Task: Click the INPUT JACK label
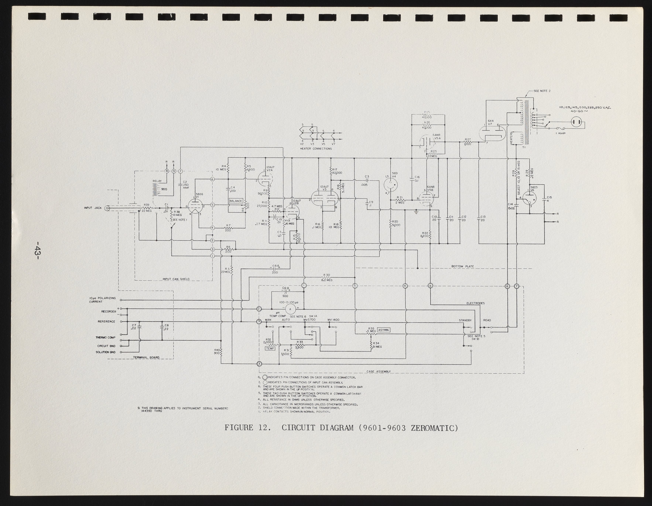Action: click(93, 208)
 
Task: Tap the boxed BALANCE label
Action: click(236, 201)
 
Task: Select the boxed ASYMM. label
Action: click(384, 330)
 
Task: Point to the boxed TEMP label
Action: click(270, 348)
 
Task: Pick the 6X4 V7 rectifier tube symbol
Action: click(492, 134)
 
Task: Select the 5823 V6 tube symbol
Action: click(529, 198)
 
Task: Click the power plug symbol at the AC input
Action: click(577, 122)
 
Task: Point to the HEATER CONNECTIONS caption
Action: click(316, 149)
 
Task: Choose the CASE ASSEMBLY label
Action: click(379, 372)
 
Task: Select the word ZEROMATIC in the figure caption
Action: click(434, 428)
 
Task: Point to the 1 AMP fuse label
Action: click(560, 133)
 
